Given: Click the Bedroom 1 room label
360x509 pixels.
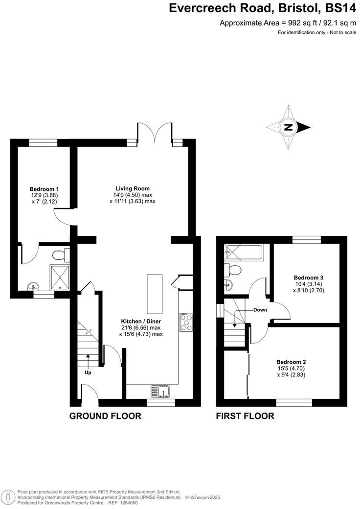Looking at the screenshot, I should pyautogui.click(x=44, y=189).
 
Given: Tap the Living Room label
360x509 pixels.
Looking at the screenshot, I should pyautogui.click(x=132, y=188).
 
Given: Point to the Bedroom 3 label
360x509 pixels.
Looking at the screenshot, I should pyautogui.click(x=308, y=277).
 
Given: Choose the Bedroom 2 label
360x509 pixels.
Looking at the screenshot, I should pyautogui.click(x=291, y=362).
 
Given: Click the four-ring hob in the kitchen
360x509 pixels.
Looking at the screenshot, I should pyautogui.click(x=186, y=323).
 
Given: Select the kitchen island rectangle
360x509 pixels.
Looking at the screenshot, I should pyautogui.click(x=155, y=294).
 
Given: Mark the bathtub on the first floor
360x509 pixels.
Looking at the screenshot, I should pyautogui.click(x=243, y=253).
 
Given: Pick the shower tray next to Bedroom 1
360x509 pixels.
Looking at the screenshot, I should pyautogui.click(x=60, y=277).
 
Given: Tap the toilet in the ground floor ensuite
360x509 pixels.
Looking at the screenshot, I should pyautogui.click(x=59, y=254).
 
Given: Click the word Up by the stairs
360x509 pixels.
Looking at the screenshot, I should pyautogui.click(x=88, y=372).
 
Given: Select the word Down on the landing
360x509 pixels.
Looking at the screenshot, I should pyautogui.click(x=260, y=310).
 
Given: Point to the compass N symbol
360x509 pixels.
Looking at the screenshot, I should pyautogui.click(x=289, y=127).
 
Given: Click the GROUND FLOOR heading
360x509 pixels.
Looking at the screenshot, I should pyautogui.click(x=105, y=416).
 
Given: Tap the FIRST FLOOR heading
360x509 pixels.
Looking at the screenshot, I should pyautogui.click(x=245, y=416).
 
